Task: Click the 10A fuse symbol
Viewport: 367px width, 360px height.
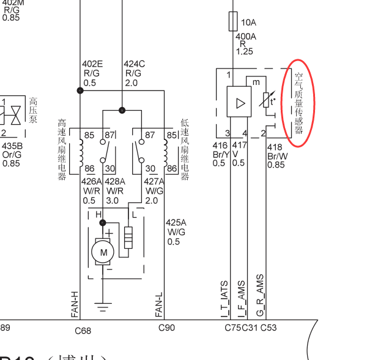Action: click(x=232, y=23)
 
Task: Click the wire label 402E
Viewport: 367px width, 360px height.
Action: click(x=92, y=64)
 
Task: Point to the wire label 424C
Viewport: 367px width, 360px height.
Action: click(x=135, y=64)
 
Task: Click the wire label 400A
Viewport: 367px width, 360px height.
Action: click(x=246, y=36)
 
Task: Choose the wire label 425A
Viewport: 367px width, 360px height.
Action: click(x=177, y=223)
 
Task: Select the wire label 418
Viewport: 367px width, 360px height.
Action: click(x=275, y=147)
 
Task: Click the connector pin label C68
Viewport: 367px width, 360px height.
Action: click(x=83, y=331)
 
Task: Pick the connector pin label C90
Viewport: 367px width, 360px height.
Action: click(x=166, y=328)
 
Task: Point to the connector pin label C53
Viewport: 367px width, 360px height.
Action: click(x=269, y=328)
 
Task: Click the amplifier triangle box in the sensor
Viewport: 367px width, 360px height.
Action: click(x=239, y=101)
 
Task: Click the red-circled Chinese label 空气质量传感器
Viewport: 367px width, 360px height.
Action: click(x=299, y=103)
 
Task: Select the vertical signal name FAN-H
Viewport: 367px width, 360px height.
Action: click(x=75, y=304)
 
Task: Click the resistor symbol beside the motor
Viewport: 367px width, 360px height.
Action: click(x=128, y=238)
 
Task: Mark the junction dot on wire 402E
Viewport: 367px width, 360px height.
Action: click(x=80, y=90)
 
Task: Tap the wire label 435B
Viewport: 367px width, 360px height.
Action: click(x=12, y=146)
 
